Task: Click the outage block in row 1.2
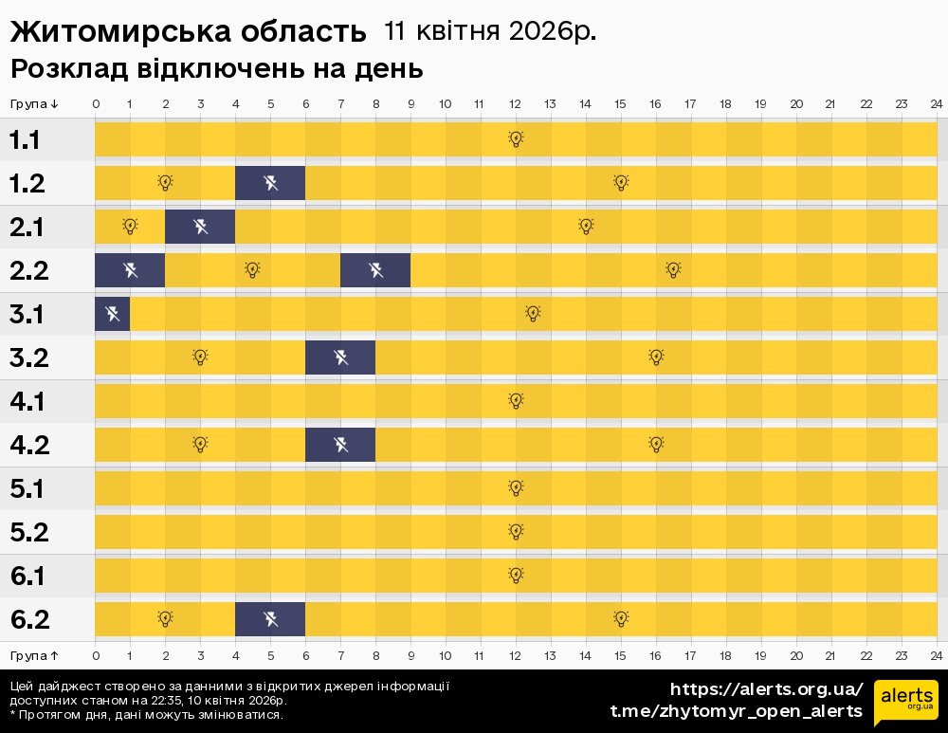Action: point(270,183)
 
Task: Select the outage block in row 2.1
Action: point(200,227)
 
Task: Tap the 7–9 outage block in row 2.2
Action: point(375,270)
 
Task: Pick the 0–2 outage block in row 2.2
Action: point(130,270)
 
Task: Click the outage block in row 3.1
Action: point(112,314)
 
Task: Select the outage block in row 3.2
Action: point(340,357)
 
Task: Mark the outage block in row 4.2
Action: point(340,445)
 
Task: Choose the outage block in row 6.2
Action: point(270,619)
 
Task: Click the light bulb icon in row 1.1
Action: point(516,139)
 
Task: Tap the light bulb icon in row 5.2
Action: point(516,532)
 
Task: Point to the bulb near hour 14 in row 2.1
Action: point(586,227)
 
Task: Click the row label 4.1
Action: point(27,401)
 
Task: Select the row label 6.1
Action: point(27,576)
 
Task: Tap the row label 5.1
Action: point(27,488)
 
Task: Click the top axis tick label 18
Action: point(725,103)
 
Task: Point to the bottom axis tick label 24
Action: point(936,655)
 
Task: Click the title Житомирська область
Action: point(188,31)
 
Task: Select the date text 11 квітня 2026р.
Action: point(490,31)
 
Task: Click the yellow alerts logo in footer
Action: point(905,703)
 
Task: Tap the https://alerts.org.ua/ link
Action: point(766,689)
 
